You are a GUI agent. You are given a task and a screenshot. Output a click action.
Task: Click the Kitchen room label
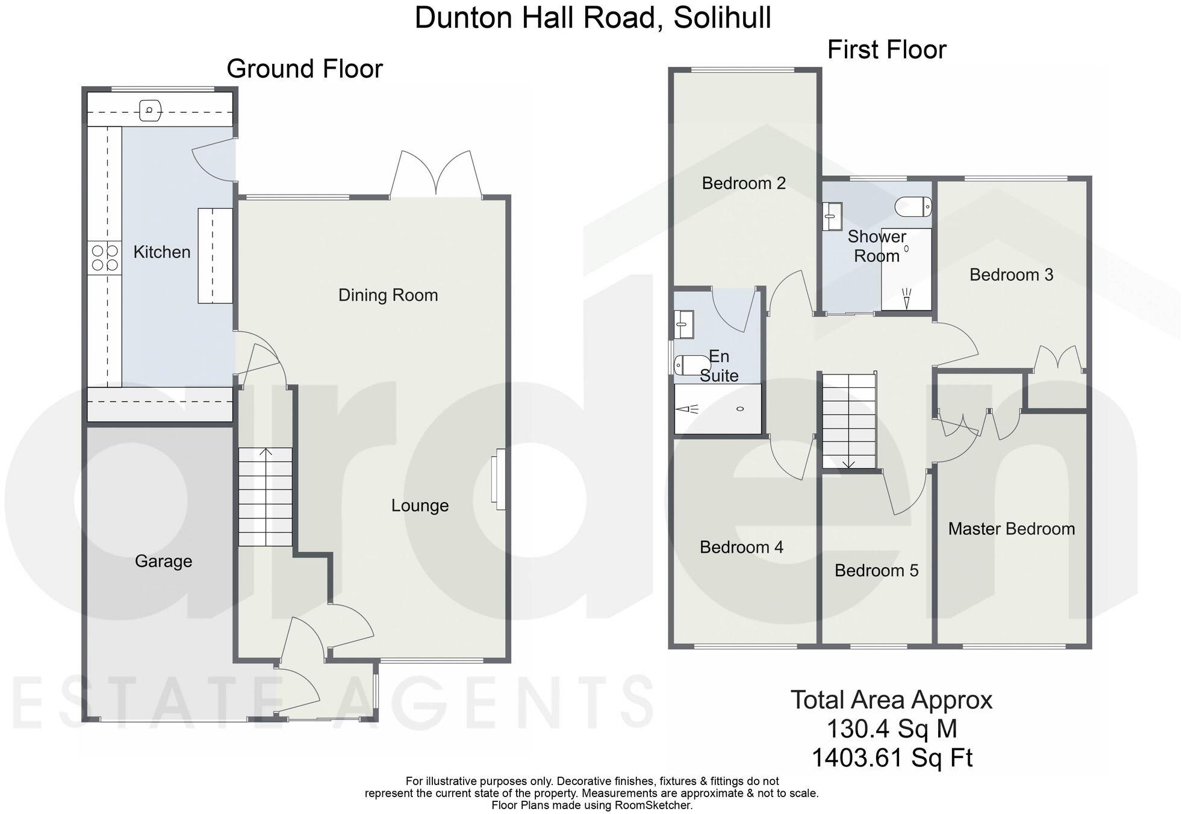coord(161,252)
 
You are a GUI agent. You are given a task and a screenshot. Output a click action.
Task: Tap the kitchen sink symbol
coord(150,110)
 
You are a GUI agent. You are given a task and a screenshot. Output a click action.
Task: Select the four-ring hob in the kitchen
coord(104,258)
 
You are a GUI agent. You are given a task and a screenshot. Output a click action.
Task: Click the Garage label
coord(163,561)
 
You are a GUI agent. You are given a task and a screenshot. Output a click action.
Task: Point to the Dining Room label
coord(388,295)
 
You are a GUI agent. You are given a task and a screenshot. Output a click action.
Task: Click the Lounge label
coord(420,506)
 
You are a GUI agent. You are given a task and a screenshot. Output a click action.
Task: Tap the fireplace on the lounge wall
coord(498,479)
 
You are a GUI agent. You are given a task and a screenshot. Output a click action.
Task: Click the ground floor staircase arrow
coord(266,452)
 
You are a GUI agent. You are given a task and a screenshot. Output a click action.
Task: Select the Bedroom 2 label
coord(744,183)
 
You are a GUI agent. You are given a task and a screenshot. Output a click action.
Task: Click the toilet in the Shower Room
coord(913,207)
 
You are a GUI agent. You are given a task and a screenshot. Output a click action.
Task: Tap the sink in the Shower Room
coord(832,216)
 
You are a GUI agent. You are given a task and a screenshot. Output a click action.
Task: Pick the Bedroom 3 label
coord(1011,275)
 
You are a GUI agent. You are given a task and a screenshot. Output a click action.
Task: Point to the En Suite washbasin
coord(683,324)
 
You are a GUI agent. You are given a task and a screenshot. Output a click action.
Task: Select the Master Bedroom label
coord(1011,529)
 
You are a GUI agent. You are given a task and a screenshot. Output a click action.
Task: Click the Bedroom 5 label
coord(876,570)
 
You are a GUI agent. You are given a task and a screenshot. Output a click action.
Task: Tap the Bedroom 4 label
coord(741,547)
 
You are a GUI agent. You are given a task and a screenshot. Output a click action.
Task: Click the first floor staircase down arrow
coord(848,462)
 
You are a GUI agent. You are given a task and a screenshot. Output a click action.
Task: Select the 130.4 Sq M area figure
coord(891,729)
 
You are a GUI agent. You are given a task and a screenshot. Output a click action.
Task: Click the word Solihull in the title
coord(722,17)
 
